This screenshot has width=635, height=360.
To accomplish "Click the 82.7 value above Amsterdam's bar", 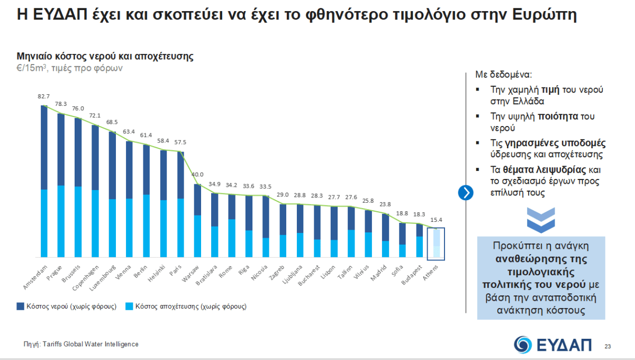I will point(44,96).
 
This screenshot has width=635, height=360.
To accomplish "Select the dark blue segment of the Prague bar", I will point(61,149).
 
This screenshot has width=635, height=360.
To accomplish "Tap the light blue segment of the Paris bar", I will point(180,228).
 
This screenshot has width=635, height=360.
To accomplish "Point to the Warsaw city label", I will point(190,271).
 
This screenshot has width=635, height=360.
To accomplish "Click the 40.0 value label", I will point(197,175).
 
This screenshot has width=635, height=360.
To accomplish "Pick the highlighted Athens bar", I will point(436,244).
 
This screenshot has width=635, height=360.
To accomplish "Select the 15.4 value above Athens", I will point(436,219).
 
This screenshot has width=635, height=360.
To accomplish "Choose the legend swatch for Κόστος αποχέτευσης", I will point(129,306).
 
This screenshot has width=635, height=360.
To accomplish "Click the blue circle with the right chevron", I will point(466,193).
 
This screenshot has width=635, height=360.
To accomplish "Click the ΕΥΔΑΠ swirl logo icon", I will point(524,344).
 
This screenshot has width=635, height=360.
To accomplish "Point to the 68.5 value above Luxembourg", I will point(112,122).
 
